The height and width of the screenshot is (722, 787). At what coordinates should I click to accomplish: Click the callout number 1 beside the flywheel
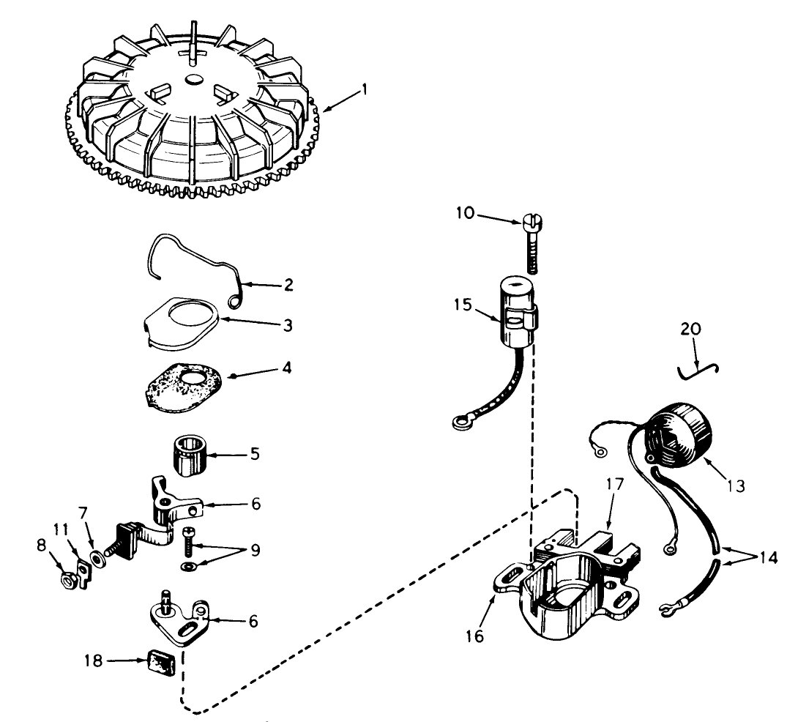point(365,90)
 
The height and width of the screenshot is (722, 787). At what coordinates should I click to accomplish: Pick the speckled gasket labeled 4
point(183,387)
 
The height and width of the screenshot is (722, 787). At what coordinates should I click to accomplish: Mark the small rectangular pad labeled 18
point(162,661)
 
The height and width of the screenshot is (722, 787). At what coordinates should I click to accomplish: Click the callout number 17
point(615,484)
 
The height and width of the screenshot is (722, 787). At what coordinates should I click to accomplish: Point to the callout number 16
point(474,636)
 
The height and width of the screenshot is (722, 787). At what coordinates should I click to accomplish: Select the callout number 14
point(768,557)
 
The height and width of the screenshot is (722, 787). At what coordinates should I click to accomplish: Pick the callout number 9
point(255,550)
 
